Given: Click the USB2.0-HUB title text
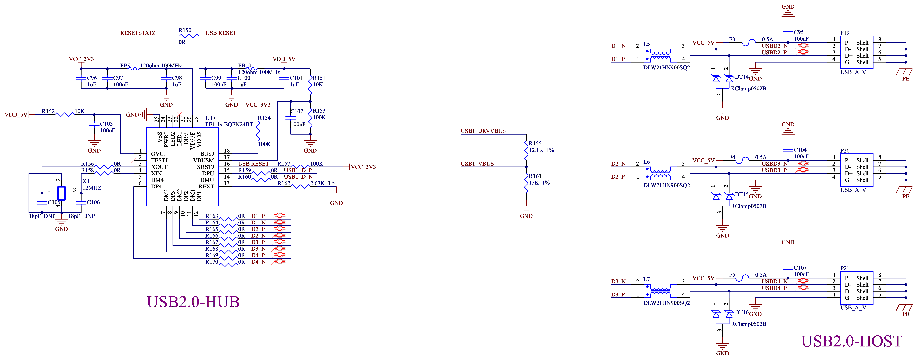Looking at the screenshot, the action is [193, 302].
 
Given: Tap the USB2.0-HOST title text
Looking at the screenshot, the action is [852, 341].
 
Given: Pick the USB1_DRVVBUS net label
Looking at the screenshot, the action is [483, 131].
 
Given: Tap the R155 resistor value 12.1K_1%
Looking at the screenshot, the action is [541, 150].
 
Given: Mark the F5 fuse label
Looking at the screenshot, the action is [732, 275].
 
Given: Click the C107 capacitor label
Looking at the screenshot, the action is [800, 268].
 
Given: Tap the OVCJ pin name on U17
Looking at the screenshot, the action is [158, 154].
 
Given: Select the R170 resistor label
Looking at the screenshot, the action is [212, 262].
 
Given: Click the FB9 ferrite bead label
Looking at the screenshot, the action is [125, 66].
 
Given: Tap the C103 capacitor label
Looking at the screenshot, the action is [106, 124].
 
